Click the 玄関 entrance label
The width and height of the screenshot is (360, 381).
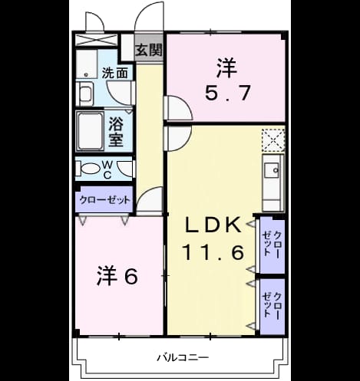coord(149,50)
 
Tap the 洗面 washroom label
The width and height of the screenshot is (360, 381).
coord(114,74)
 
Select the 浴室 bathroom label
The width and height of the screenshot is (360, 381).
coord(116,132)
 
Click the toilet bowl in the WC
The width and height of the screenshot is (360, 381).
coord(89,169)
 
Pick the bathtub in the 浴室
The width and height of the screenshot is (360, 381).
coord(91,132)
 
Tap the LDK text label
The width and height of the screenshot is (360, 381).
coord(213,225)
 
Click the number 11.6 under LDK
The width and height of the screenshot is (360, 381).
coord(213,252)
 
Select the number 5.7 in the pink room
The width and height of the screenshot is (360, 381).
coord(227,93)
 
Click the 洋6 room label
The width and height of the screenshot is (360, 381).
coord(117,277)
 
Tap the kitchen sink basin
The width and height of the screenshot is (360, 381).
coord(272,170)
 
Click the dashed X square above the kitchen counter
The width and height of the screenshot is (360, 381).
coord(273,140)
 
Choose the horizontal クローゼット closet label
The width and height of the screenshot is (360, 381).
coord(105,200)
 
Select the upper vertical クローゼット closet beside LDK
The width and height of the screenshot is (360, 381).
coord(272,244)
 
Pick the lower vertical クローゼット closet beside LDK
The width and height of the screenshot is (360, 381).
coord(272,306)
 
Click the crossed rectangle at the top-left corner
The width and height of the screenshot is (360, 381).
coord(96,40)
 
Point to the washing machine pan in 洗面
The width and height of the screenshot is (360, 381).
coord(87,64)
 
